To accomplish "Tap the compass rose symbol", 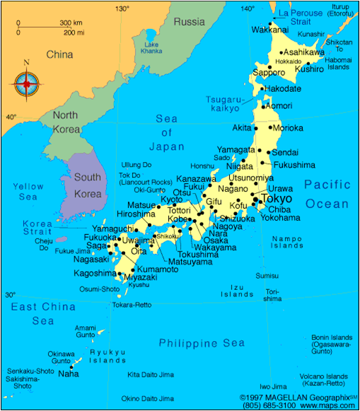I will coord(27,83).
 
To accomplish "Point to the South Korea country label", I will coord(88,185).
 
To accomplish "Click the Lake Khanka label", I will coord(151,48).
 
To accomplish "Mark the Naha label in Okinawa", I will coord(69,374).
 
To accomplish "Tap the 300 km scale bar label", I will coord(69,23).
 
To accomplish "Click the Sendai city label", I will coord(285,152).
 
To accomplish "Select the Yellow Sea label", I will coord(28,192).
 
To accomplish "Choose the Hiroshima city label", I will coord(136,214).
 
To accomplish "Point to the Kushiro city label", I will coord(309,69).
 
